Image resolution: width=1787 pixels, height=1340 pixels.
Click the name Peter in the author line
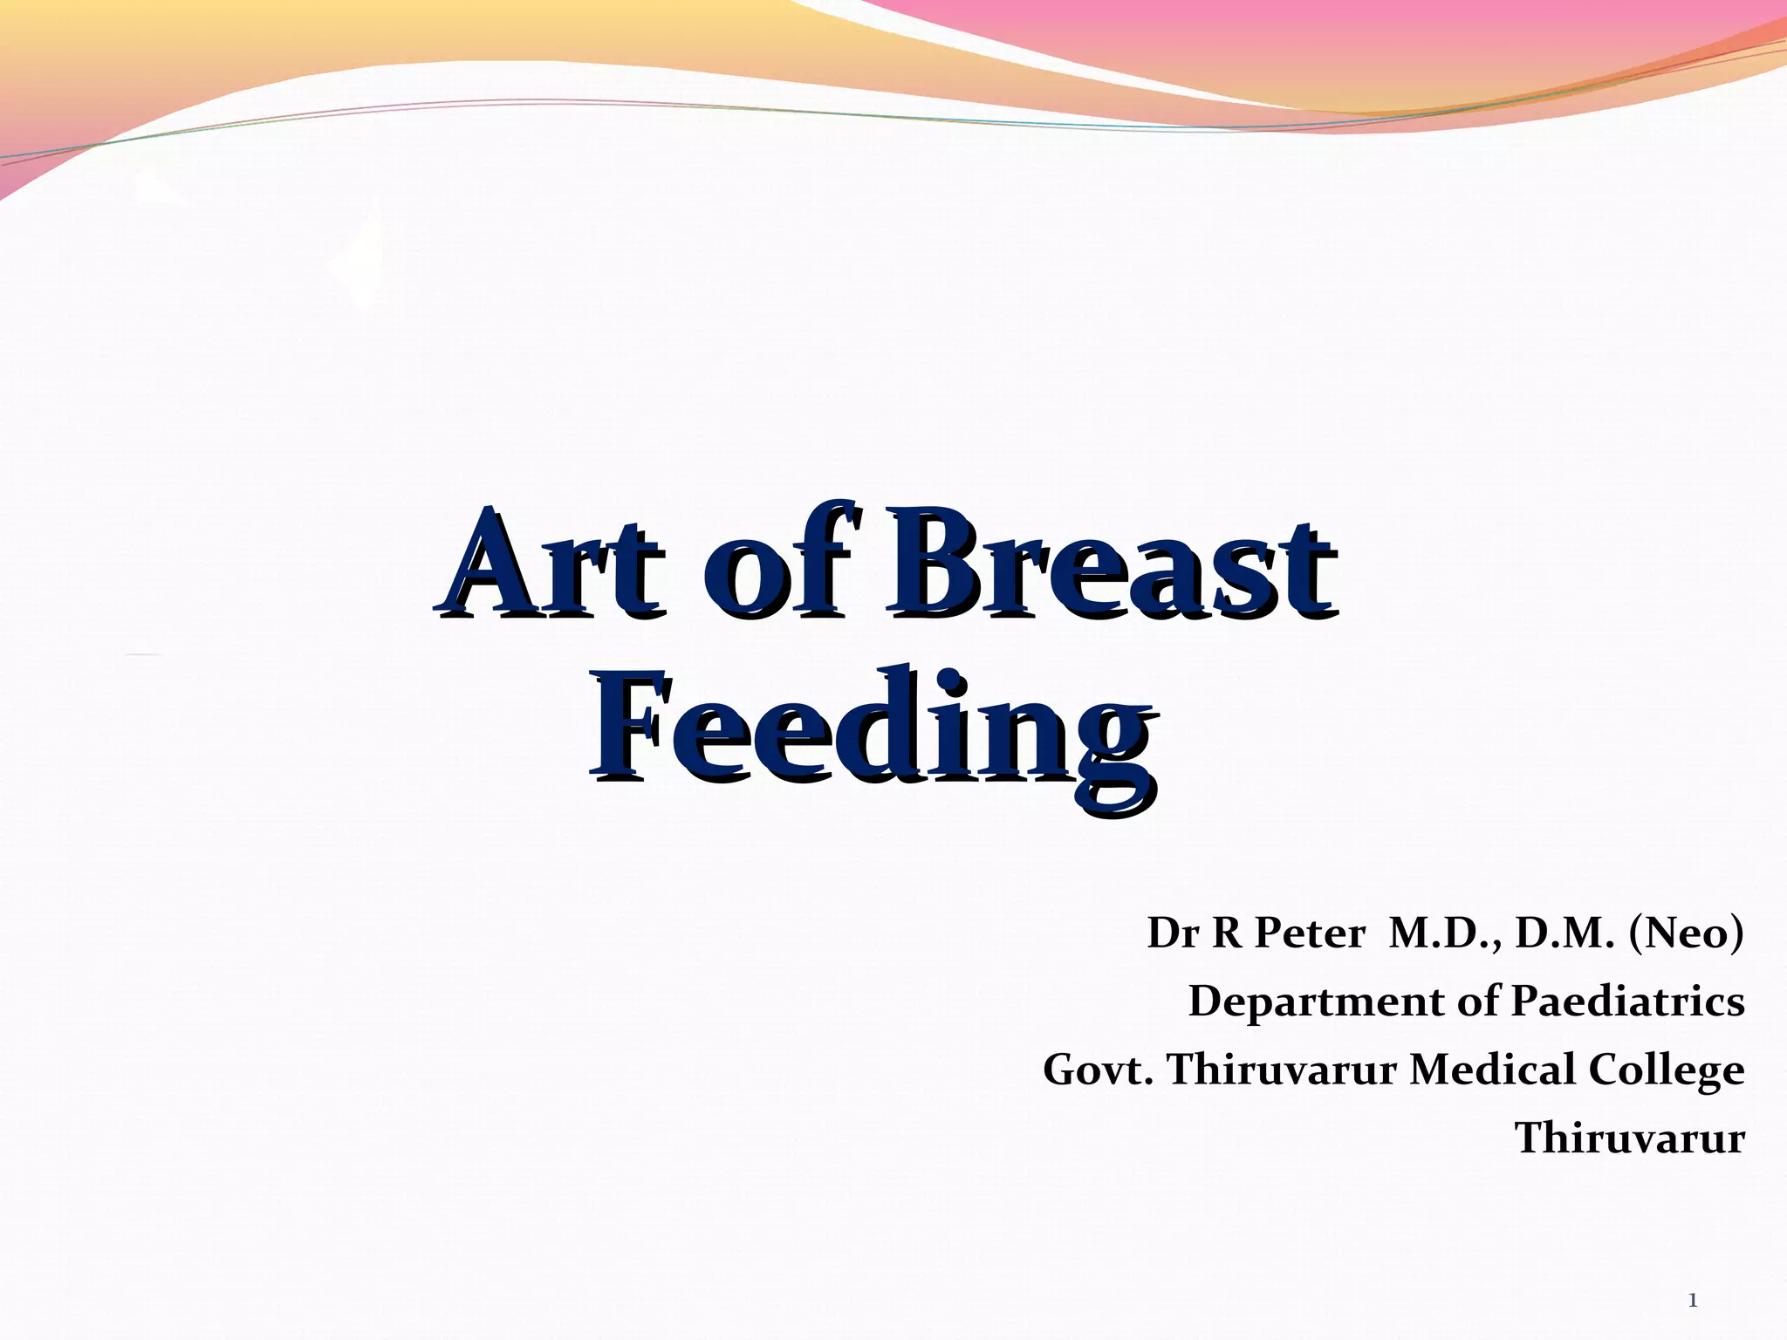pyautogui.click(x=1310, y=934)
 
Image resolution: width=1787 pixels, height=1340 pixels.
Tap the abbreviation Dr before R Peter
pyautogui.click(x=1173, y=934)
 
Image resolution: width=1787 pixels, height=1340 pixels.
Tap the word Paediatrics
pyautogui.click(x=1627, y=1002)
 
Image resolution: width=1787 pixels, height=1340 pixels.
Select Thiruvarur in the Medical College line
pyautogui.click(x=1282, y=1070)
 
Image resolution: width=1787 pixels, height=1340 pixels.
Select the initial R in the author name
pyautogui.click(x=1228, y=934)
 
